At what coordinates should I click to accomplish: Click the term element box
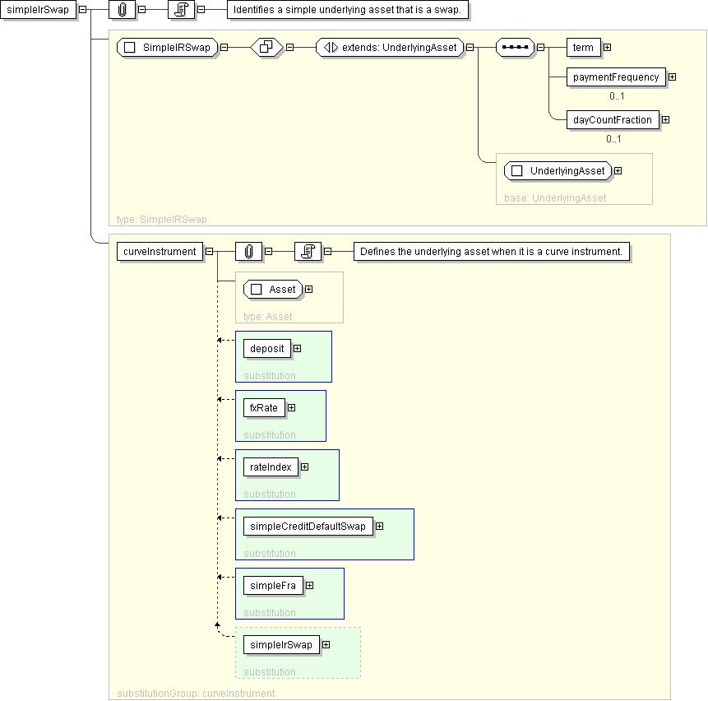click(x=583, y=48)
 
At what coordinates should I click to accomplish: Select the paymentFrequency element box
click(x=616, y=77)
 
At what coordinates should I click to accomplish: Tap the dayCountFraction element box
click(x=613, y=119)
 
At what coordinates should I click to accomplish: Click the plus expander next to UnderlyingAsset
click(x=618, y=171)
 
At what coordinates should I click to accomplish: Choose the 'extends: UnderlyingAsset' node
click(x=390, y=48)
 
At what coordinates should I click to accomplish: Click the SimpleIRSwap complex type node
click(x=167, y=48)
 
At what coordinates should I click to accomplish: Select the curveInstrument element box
click(x=160, y=252)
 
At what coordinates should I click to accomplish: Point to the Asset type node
click(x=273, y=290)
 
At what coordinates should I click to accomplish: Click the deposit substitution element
click(x=267, y=349)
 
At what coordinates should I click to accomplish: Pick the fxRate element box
click(x=264, y=408)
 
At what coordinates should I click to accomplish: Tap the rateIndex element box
click(x=271, y=467)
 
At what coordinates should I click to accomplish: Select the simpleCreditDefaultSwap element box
click(x=308, y=527)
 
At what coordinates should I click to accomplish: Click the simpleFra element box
click(x=273, y=585)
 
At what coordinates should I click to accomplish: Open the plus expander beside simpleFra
click(x=310, y=585)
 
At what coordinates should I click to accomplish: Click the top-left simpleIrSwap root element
click(x=38, y=10)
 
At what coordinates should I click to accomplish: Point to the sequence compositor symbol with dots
click(x=515, y=48)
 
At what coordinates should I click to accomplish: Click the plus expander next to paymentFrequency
click(x=673, y=77)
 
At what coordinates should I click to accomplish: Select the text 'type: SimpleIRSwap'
click(x=162, y=220)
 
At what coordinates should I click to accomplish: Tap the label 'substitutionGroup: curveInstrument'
click(x=196, y=694)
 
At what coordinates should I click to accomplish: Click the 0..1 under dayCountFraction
click(x=613, y=139)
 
